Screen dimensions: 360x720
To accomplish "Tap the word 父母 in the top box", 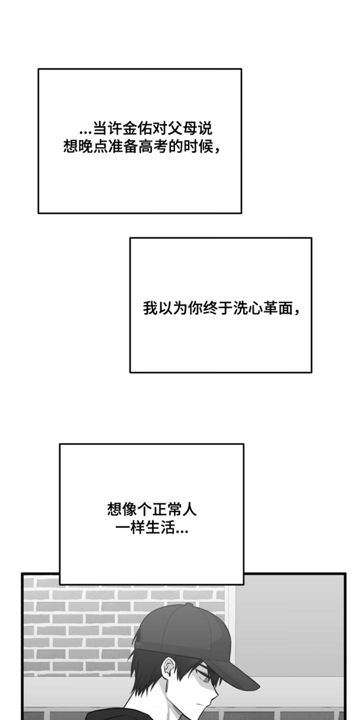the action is pos(182,129).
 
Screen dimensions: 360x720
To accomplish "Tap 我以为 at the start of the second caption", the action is pos(165,308).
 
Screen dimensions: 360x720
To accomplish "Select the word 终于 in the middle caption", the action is pos(218,308).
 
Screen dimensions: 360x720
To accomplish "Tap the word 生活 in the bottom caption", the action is pos(160,528).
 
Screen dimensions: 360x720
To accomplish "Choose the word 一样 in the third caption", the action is pos(130,528).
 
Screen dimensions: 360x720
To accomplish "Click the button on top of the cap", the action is pos(189,605).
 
